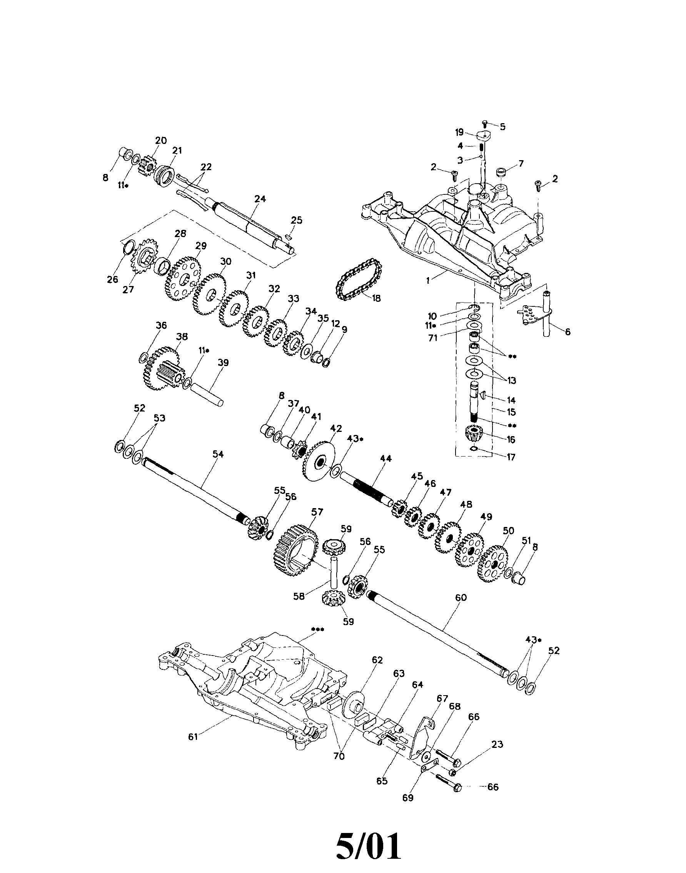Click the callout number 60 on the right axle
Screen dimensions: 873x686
(461, 597)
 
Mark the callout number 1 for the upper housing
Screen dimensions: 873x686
(428, 281)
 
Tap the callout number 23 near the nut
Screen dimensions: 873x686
(497, 744)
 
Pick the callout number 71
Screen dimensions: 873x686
(432, 338)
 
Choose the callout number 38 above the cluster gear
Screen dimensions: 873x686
(182, 337)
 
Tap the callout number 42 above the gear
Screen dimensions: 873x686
(336, 428)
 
